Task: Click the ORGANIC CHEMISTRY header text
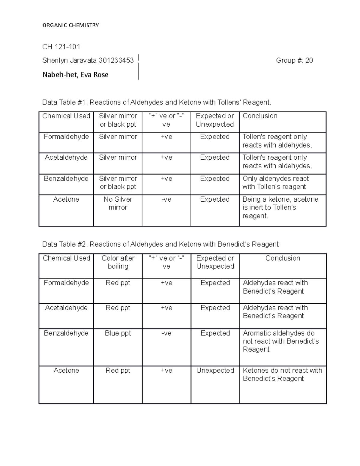coord(70,25)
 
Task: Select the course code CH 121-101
coord(61,47)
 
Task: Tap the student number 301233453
coord(116,61)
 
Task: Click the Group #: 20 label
coord(294,61)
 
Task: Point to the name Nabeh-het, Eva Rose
coord(75,75)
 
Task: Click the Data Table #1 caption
coord(156,103)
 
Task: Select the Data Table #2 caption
coord(160,244)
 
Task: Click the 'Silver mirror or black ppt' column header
coord(118,120)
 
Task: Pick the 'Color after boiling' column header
coord(118,262)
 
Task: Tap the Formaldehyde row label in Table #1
coord(66,137)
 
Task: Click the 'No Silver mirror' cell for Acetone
coord(118,203)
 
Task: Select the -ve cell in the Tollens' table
coord(166,200)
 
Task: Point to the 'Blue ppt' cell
coord(118,333)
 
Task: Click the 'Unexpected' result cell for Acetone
coord(215,371)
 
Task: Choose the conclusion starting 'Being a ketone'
coord(280,208)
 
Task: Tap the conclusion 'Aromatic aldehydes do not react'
coord(280,341)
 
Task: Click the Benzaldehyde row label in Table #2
coord(66,333)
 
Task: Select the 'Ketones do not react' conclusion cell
coord(282,374)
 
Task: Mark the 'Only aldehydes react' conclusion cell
coord(275,183)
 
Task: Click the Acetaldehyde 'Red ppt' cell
coord(118,308)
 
